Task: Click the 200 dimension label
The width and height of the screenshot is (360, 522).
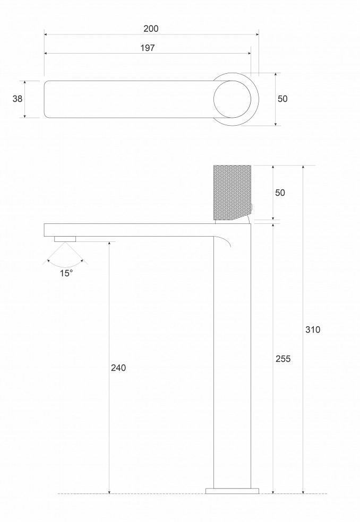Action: (x=151, y=28)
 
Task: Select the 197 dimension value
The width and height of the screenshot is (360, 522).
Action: (x=148, y=48)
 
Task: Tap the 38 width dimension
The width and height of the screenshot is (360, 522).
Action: (x=18, y=99)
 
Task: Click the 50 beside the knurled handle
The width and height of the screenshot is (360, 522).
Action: (x=280, y=193)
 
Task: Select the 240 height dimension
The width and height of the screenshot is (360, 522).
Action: (x=118, y=368)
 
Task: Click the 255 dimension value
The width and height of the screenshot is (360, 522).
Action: (x=283, y=359)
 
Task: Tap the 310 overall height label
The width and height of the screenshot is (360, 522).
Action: (x=313, y=329)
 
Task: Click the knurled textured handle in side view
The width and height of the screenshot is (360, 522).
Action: (x=232, y=192)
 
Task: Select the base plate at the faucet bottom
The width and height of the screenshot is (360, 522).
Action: (x=232, y=491)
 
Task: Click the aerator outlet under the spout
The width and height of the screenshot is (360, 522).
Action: (x=65, y=239)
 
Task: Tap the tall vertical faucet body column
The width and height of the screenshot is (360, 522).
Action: (x=232, y=361)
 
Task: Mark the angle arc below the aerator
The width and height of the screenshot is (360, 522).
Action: (x=65, y=264)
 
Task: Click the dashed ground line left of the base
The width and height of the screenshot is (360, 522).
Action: (x=133, y=494)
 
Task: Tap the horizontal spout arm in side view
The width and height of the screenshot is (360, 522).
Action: (x=127, y=230)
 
